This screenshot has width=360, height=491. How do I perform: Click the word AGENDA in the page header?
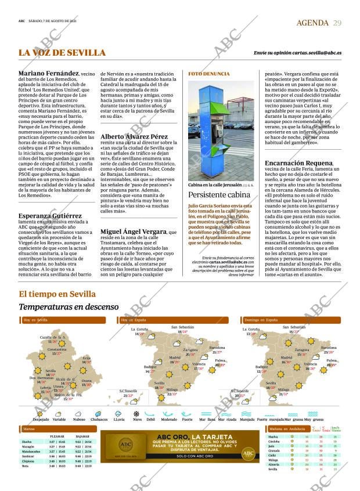click(313, 23)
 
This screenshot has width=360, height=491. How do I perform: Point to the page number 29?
click(337, 23)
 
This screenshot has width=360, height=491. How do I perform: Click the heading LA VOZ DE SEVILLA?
click(62, 53)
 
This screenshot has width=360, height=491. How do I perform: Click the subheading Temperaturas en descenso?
click(69, 306)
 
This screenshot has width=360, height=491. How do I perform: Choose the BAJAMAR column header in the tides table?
click(82, 436)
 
